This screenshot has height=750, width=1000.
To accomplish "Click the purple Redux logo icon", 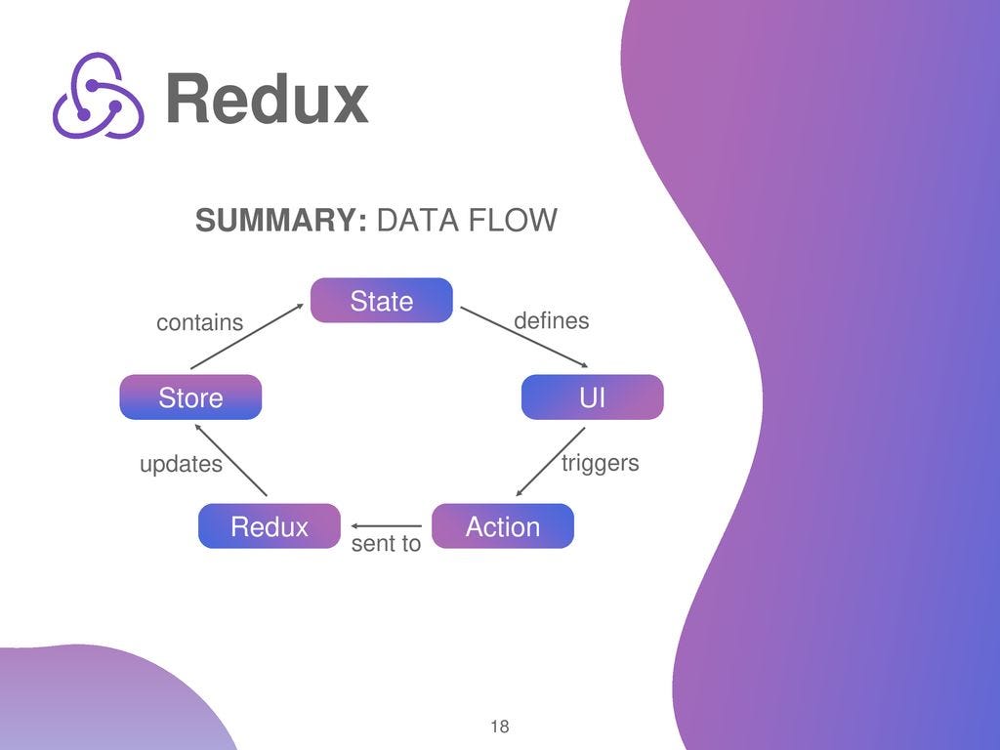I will tap(98, 96).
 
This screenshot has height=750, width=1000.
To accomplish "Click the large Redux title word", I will tap(267, 99).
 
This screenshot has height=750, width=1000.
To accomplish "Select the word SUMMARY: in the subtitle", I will tap(281, 221).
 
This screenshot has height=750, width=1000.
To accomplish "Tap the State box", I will tap(382, 301).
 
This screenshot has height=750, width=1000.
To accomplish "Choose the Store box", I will tap(190, 397).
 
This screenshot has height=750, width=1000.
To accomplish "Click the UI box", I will tap(592, 397).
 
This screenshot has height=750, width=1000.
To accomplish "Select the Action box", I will tap(503, 526).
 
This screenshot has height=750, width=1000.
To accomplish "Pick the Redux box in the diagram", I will tap(269, 526).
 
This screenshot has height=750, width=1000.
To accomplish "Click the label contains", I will tap(200, 323).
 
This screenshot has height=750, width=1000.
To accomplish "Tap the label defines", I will tap(551, 321).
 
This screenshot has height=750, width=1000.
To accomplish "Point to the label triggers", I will tap(600, 463).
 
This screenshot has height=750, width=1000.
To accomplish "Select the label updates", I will tap(181, 465).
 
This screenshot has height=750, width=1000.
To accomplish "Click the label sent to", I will tap(386, 544).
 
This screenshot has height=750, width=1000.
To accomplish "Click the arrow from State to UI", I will tap(517, 337).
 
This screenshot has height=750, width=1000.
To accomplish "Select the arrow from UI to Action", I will tap(550, 462).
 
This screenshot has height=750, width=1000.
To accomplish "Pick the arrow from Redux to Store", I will tap(231, 463).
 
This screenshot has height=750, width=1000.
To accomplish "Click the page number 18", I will tap(499, 727).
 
